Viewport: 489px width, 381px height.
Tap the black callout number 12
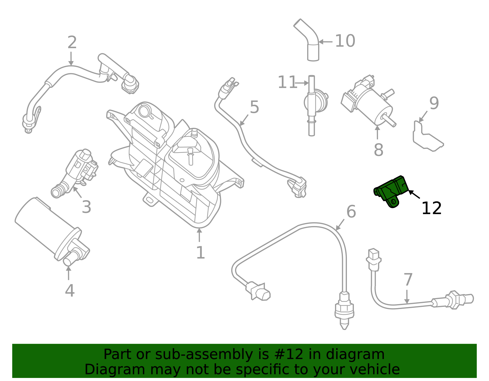click(x=431, y=208)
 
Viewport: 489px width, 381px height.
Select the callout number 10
click(x=345, y=41)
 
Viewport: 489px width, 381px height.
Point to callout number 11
click(x=287, y=82)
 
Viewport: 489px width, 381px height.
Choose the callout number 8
click(x=378, y=150)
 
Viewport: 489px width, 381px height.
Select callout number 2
click(x=72, y=42)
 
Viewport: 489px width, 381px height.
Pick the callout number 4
click(x=70, y=290)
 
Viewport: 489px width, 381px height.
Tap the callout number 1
click(x=200, y=253)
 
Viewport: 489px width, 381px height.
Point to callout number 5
click(x=254, y=107)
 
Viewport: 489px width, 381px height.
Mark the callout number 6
click(x=351, y=211)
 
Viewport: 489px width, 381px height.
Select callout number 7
click(x=408, y=279)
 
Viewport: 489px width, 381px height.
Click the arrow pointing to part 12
click(x=414, y=194)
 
